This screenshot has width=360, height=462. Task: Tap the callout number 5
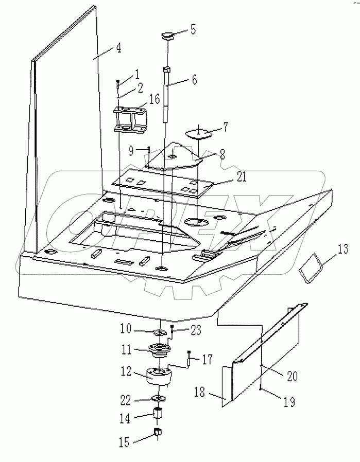pyautogui.click(x=193, y=29)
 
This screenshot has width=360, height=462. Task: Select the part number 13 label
pyautogui.click(x=343, y=251)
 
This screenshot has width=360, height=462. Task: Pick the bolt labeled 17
pyautogui.click(x=190, y=358)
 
